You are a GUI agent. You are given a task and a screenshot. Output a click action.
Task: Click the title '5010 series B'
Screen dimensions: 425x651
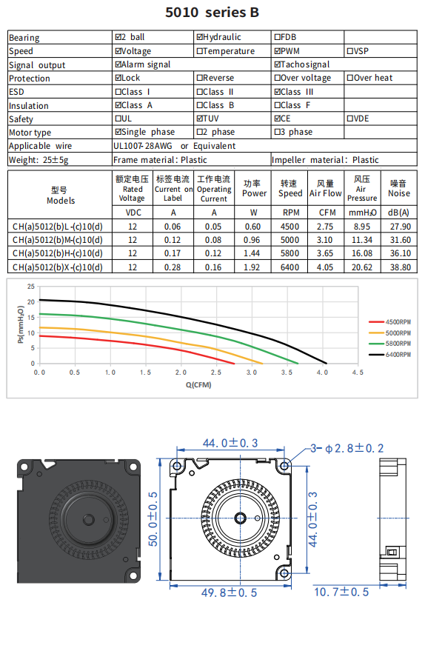[212, 13]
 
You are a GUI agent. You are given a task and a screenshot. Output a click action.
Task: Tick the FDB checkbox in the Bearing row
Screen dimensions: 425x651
[277, 37]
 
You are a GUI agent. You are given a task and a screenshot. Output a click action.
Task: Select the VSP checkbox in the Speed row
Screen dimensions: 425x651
[350, 51]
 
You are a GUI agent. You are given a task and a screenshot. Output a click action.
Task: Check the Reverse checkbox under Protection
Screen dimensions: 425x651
[200, 78]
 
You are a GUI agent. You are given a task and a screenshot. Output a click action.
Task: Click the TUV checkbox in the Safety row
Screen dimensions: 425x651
[200, 118]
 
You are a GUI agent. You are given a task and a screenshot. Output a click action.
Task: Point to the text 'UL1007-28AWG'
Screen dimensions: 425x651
[143, 146]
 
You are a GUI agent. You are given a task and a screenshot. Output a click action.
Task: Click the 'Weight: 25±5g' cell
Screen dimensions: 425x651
[39, 160]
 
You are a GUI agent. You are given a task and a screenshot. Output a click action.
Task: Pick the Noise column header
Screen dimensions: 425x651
[399, 189]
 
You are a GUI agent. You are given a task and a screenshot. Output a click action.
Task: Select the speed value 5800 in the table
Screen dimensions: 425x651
[290, 253]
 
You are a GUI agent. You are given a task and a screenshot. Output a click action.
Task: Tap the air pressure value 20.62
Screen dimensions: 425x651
[362, 267]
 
